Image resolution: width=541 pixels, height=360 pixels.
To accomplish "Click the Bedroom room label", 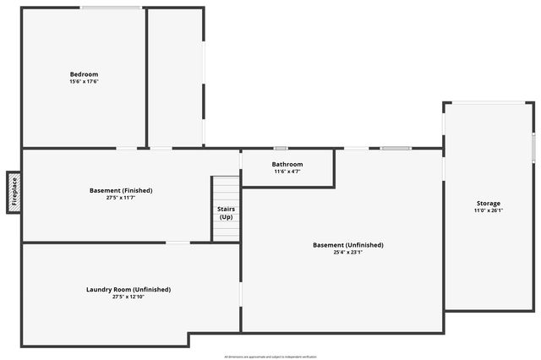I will pyautogui.click(x=84, y=74).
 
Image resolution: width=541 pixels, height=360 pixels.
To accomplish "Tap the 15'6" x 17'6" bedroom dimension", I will pyautogui.click(x=84, y=82).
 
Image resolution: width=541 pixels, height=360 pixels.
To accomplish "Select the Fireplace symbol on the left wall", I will pyautogui.click(x=14, y=192).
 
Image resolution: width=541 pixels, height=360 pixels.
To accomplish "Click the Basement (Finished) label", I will pyautogui.click(x=121, y=190).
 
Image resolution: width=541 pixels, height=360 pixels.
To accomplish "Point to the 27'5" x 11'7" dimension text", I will pyautogui.click(x=121, y=198).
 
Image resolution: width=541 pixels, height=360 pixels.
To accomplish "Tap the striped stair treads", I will pyautogui.click(x=226, y=188).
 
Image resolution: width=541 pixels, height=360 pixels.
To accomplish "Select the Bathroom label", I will pyautogui.click(x=287, y=164).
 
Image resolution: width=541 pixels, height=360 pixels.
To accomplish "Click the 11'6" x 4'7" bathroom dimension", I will pyautogui.click(x=287, y=172).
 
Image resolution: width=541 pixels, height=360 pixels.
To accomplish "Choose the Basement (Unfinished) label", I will pyautogui.click(x=348, y=245).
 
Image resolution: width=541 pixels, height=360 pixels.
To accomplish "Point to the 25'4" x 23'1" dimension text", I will pyautogui.click(x=348, y=253).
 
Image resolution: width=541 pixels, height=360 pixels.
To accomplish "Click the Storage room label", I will pyautogui.click(x=489, y=203).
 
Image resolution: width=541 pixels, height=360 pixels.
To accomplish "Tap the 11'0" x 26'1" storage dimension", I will pyautogui.click(x=489, y=210).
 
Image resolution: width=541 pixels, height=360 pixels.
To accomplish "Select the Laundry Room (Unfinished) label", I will pyautogui.click(x=128, y=289).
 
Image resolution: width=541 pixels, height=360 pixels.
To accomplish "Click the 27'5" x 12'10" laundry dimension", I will pyautogui.click(x=128, y=297).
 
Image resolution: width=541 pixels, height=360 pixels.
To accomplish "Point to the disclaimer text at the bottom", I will pyautogui.click(x=270, y=357).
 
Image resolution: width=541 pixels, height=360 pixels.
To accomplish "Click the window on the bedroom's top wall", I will pyautogui.click(x=111, y=8).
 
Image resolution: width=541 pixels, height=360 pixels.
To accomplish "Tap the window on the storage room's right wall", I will pyautogui.click(x=534, y=145).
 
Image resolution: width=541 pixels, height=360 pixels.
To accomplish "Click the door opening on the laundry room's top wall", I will pyautogui.click(x=178, y=243).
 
